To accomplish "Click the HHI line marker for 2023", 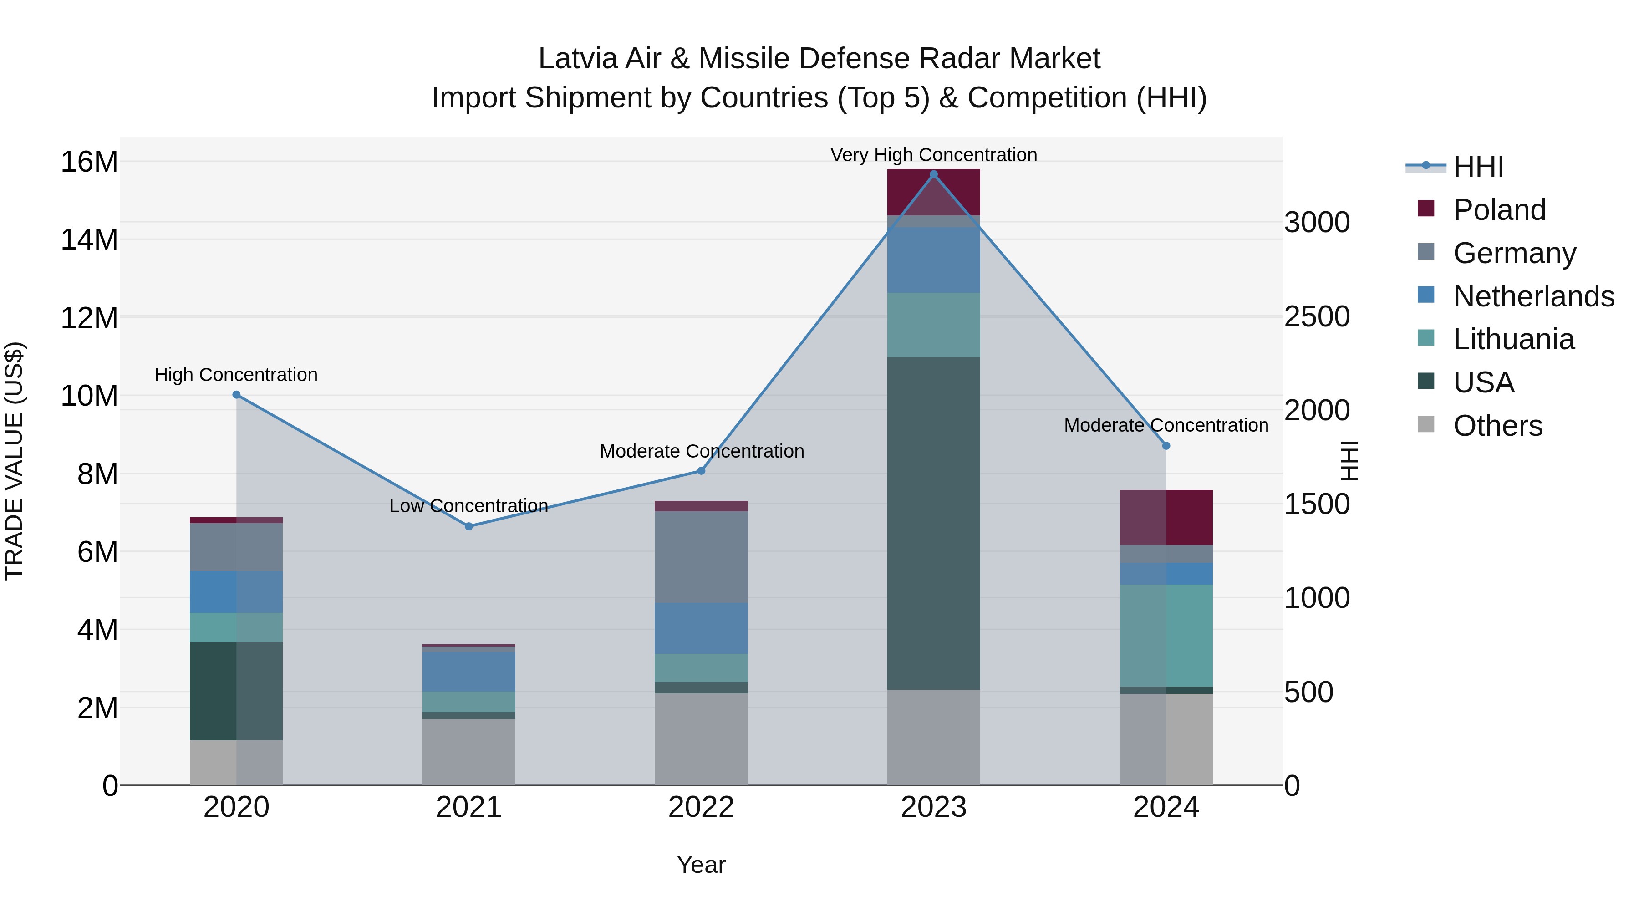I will click(933, 174).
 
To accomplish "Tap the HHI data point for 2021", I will click(469, 526).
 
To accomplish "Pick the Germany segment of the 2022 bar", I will click(701, 557).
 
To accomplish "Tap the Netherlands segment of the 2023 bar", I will click(933, 260).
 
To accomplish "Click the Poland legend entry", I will click(1499, 210).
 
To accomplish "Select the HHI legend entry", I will click(1478, 167).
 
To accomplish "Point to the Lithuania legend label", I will click(1514, 339).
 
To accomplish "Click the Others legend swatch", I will click(1426, 424).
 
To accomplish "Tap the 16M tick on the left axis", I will click(89, 162).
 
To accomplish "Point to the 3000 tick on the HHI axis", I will click(1316, 222).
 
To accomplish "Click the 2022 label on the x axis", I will click(701, 807).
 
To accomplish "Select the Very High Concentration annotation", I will click(933, 155).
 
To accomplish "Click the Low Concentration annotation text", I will click(469, 506).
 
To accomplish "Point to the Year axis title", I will click(701, 865).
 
